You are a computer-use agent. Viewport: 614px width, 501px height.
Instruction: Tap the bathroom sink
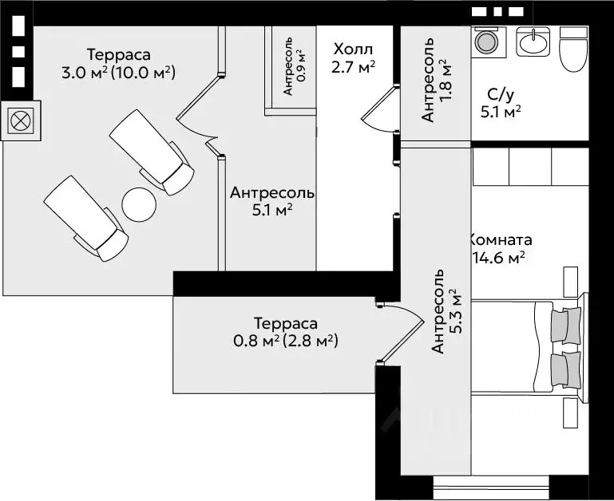point(533,41)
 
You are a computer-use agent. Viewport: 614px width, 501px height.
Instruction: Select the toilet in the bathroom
point(573,49)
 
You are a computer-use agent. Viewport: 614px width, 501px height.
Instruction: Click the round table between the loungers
point(139,205)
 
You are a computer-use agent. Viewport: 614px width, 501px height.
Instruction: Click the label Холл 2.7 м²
point(353,58)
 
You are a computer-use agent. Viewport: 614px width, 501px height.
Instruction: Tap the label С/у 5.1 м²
point(501,104)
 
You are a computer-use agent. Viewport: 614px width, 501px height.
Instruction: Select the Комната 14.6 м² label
point(501,249)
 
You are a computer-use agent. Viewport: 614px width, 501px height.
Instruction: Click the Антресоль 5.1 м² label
point(272,202)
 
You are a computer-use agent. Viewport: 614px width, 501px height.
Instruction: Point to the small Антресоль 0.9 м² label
point(294,66)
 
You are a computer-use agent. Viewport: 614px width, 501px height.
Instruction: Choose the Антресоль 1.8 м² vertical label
point(437,80)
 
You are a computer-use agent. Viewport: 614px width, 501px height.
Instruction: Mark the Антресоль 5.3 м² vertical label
point(446,312)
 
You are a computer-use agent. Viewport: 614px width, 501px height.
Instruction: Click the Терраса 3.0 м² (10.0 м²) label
point(118,63)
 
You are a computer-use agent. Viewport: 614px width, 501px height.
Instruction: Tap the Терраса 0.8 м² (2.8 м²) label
point(286,333)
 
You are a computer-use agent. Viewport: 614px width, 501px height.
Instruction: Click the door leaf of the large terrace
point(198,97)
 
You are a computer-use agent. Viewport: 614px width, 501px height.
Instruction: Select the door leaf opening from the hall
point(379,103)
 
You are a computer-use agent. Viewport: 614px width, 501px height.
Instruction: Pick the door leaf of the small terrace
point(402,342)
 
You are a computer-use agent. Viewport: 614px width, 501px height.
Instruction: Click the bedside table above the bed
point(571,282)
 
